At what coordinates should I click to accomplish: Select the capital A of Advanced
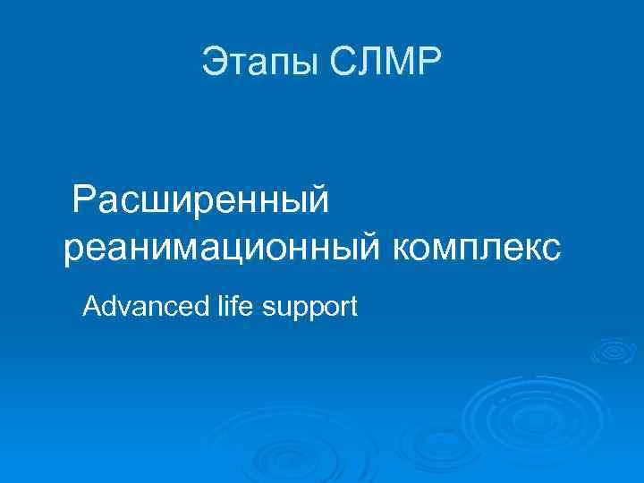[x=90, y=308]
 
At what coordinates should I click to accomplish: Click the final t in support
[x=353, y=309]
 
